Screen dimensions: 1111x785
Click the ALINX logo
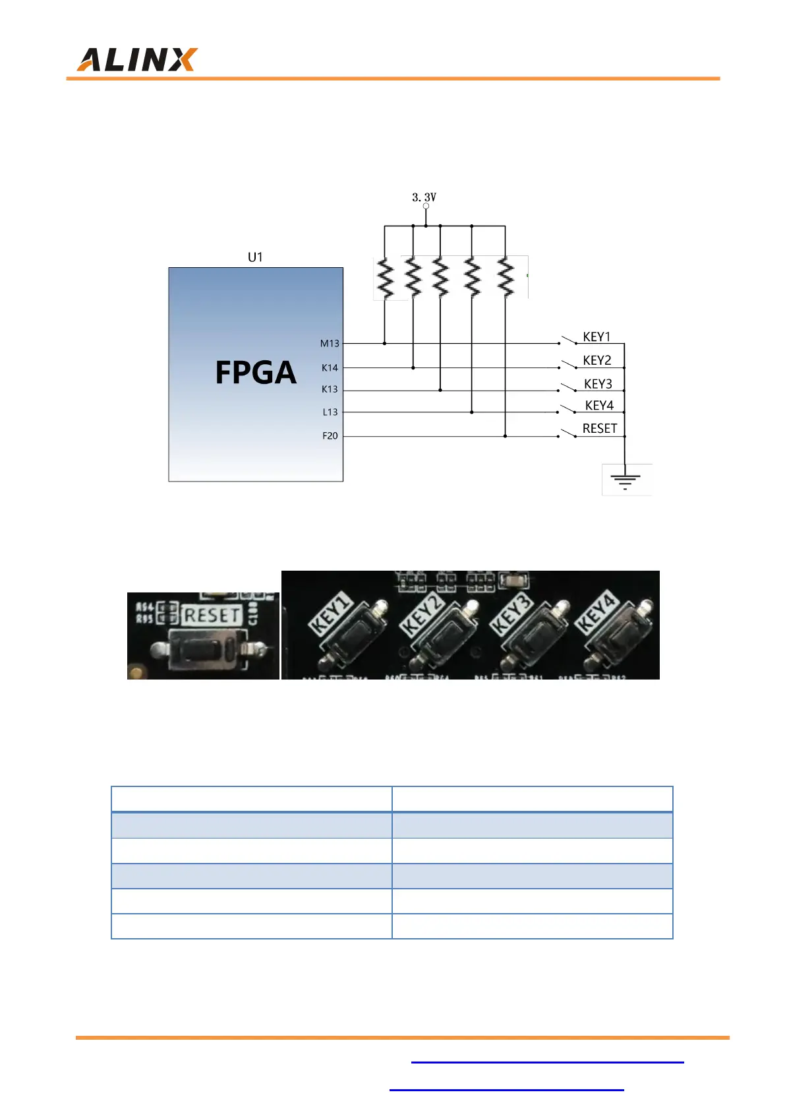[137, 60]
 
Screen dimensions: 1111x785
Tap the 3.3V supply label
[424, 197]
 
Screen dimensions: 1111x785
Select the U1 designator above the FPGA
[255, 257]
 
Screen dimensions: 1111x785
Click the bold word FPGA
[256, 373]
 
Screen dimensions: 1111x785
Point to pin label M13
[330, 344]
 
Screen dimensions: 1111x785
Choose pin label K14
[330, 368]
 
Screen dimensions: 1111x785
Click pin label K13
[330, 389]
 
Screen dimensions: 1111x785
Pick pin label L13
[330, 412]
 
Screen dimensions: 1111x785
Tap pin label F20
[330, 436]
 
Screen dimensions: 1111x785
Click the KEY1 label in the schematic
[596, 337]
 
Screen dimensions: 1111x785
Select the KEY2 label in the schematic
[597, 360]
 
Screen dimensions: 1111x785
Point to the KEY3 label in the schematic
[598, 384]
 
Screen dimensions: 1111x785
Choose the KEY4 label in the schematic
[599, 406]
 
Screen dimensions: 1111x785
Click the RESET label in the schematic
[600, 429]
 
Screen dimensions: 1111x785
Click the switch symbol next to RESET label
[567, 434]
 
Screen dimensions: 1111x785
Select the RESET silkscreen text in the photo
[212, 616]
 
